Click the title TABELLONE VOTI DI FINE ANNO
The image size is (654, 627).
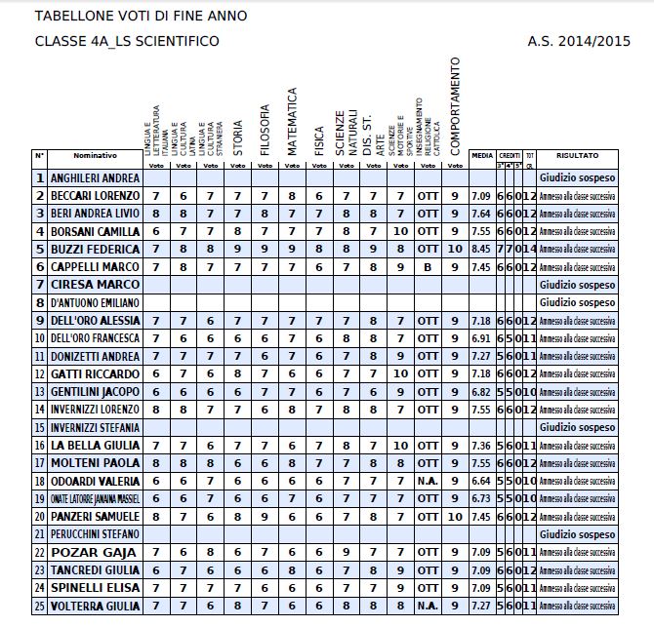point(141,16)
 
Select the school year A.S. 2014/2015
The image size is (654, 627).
point(580,41)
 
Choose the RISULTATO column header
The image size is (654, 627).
point(578,155)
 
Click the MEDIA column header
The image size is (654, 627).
point(482,155)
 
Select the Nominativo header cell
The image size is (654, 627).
point(95,155)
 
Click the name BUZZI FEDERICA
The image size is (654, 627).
point(95,249)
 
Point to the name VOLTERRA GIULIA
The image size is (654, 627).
point(97,606)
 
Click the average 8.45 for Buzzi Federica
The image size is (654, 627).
point(480,249)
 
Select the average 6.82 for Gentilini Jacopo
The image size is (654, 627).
point(480,391)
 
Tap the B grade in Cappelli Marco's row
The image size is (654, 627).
point(427,266)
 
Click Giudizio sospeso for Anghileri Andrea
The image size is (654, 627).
point(578,177)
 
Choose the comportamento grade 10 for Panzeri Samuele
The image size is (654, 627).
point(454,516)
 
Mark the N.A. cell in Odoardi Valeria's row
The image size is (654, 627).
point(427,481)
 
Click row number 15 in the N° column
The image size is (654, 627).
point(40,427)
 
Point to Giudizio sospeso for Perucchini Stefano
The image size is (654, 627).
point(578,534)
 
